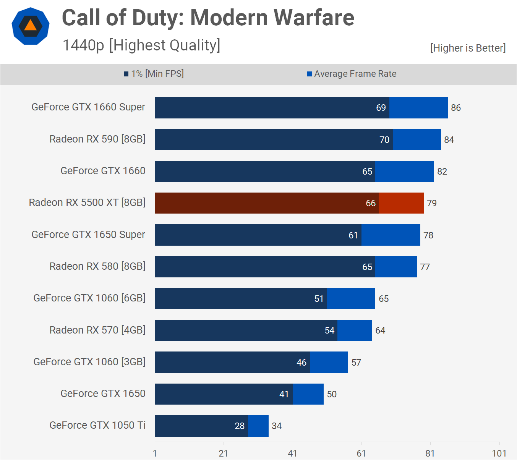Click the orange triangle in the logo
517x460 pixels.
(30, 26)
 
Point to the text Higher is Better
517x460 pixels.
(468, 48)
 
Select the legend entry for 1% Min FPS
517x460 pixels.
(154, 74)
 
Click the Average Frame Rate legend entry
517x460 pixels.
(352, 74)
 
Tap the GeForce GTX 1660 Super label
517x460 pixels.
(88, 107)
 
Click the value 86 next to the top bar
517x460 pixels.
(455, 108)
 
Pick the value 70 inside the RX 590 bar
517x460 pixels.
(384, 140)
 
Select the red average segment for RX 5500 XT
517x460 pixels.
(401, 203)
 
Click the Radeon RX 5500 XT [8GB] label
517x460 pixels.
(87, 202)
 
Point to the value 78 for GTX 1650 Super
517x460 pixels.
(428, 235)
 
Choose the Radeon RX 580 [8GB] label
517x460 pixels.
(97, 266)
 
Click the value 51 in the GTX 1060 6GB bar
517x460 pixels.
(319, 299)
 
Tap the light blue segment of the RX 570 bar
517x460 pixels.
(354, 330)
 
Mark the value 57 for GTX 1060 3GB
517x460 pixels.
(356, 363)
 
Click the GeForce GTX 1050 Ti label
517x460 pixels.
(97, 425)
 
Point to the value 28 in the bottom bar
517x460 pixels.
(240, 426)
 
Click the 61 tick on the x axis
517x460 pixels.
(361, 454)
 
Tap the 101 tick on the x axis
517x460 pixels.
(499, 454)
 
